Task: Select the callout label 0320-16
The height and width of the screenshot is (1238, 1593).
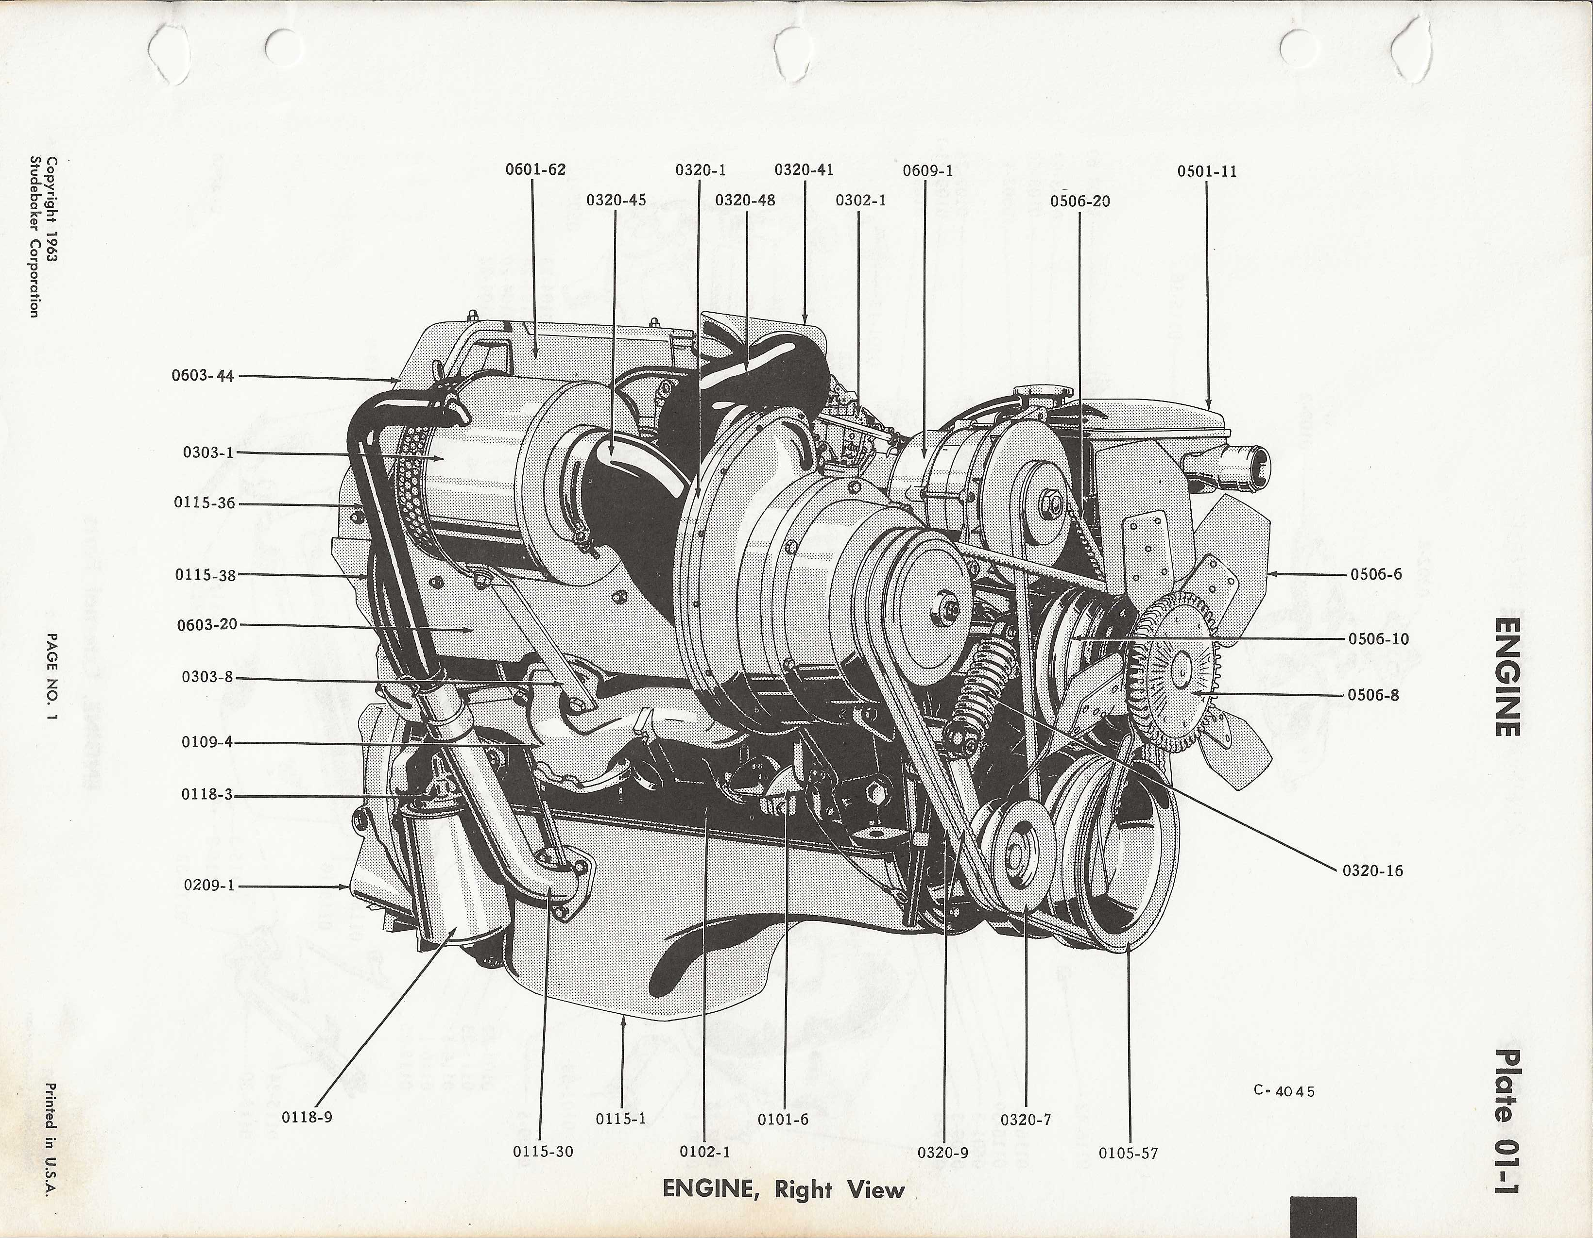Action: coord(1372,870)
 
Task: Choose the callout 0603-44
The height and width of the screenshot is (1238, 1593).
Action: coord(203,376)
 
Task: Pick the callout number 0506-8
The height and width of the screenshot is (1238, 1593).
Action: coord(1373,695)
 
